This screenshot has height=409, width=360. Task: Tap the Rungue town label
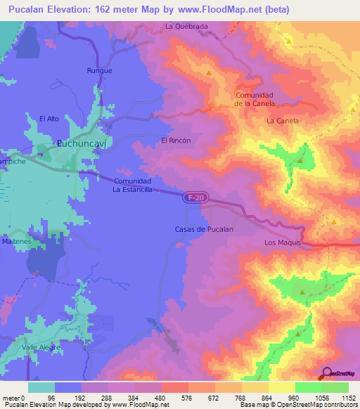pos(99,71)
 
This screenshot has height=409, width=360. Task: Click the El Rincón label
pos(176,141)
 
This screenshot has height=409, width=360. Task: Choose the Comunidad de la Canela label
pos(255,99)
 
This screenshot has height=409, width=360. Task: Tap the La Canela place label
pos(283,121)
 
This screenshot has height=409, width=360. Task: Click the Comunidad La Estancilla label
pos(132,185)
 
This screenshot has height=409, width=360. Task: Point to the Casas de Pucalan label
pos(203,230)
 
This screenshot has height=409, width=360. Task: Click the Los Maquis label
pos(283,242)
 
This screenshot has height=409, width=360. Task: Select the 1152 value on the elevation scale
pos(345,398)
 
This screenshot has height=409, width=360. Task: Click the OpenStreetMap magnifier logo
pos(327,373)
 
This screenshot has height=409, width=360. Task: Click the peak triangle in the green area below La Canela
pos(300,160)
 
